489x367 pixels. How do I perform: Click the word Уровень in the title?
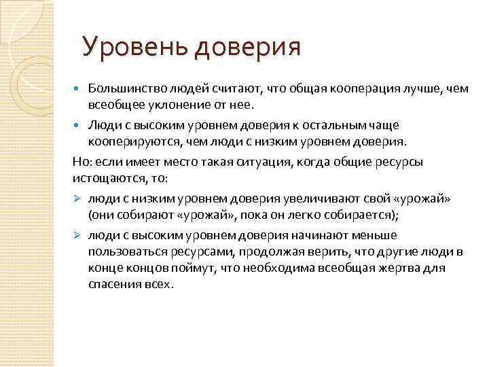pos(135,47)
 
